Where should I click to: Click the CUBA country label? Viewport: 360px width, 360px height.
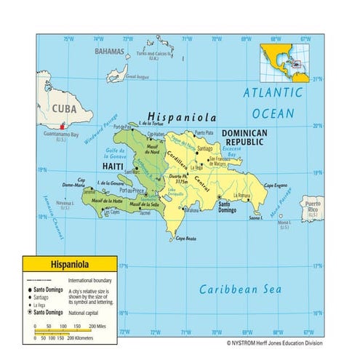point(63,110)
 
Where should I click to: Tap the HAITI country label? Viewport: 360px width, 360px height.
point(113,166)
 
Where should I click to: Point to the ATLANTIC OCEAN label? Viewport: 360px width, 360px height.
point(273,103)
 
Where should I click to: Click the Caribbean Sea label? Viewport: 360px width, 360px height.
point(240,289)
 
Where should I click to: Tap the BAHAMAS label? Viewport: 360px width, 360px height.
point(109,52)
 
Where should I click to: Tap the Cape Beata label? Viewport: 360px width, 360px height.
point(186,239)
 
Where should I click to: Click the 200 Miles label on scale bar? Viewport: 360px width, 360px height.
point(105,327)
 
